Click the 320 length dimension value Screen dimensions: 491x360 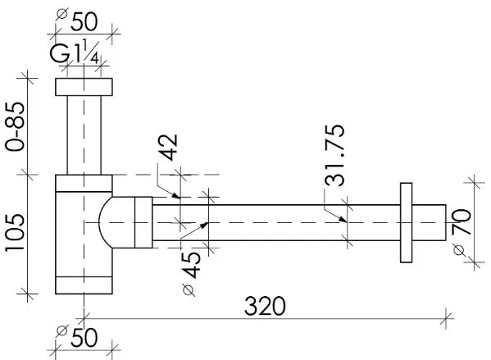(x=265, y=306)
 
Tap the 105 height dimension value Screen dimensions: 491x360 (x=15, y=232)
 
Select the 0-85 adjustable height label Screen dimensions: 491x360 (x=15, y=126)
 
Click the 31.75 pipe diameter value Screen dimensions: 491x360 (x=334, y=156)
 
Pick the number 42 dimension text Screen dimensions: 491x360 (x=167, y=148)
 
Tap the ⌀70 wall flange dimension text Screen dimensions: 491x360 (x=461, y=232)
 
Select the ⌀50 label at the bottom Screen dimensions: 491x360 (x=77, y=337)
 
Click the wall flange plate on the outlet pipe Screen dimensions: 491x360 (x=406, y=223)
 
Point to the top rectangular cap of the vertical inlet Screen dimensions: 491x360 (x=84, y=87)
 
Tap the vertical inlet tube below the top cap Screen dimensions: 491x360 (x=84, y=135)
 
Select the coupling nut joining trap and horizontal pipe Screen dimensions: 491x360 (x=143, y=222)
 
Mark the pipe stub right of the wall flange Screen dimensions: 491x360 (x=429, y=223)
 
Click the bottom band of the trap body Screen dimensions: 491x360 (x=84, y=285)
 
